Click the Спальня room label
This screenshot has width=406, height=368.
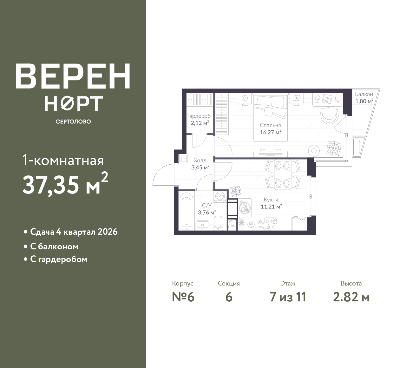[270, 126]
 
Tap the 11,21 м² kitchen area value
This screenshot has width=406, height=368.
[271, 207]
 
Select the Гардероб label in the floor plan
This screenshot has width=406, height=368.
[199, 116]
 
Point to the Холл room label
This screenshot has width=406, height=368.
[200, 161]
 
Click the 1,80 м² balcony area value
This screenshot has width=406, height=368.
[364, 101]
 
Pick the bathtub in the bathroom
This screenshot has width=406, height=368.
[187, 212]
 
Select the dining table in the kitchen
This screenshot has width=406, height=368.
[283, 174]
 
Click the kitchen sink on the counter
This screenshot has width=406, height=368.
[245, 207]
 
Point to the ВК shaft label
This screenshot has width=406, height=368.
[232, 226]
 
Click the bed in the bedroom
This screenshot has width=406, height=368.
[271, 117]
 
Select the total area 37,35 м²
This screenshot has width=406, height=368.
[65, 184]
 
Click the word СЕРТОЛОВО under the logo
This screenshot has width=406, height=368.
[73, 122]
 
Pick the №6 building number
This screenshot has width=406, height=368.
[183, 297]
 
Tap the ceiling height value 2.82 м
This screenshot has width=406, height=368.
[351, 297]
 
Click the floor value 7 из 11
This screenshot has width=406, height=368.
[288, 297]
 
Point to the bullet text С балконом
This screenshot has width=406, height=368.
[54, 247]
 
